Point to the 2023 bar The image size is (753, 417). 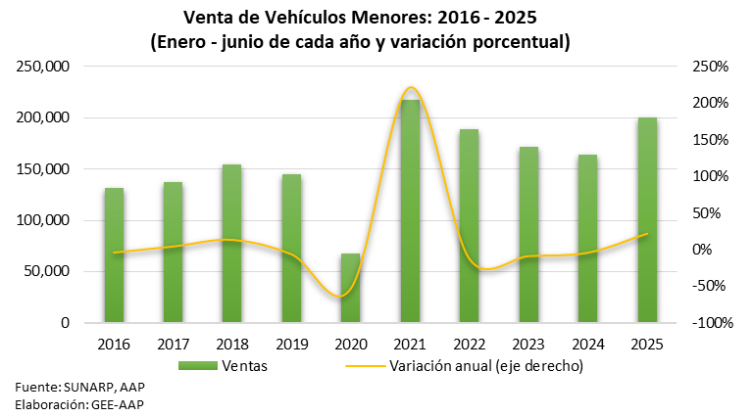[528, 234]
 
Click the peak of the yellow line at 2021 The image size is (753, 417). [411, 88]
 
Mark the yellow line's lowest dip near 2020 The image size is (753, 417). [340, 296]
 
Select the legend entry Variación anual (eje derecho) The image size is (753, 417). [461, 366]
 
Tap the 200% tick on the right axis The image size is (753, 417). [709, 103]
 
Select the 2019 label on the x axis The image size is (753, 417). [291, 344]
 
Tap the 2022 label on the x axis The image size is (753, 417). [469, 344]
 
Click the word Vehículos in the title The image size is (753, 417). [292, 19]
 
